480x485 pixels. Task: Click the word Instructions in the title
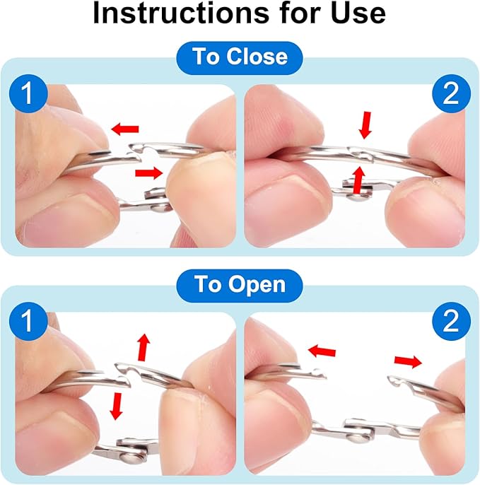click(x=181, y=13)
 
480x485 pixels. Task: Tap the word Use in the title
click(x=358, y=13)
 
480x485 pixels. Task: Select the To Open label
click(x=240, y=284)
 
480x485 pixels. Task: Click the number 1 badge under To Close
click(x=28, y=94)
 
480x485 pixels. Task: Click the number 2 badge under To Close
click(x=451, y=94)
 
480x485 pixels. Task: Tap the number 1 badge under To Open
click(x=28, y=322)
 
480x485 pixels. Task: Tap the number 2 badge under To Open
click(x=451, y=322)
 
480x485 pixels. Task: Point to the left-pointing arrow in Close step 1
click(x=125, y=129)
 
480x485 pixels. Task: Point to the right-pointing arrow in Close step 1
click(x=148, y=173)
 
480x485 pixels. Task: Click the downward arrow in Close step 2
click(x=366, y=125)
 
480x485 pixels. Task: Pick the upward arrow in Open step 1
click(x=144, y=347)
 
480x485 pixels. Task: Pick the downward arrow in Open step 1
click(x=117, y=406)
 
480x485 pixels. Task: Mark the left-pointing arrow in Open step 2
click(x=322, y=351)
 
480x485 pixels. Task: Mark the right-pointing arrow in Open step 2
click(x=408, y=361)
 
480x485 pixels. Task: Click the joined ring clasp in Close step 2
click(x=361, y=153)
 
